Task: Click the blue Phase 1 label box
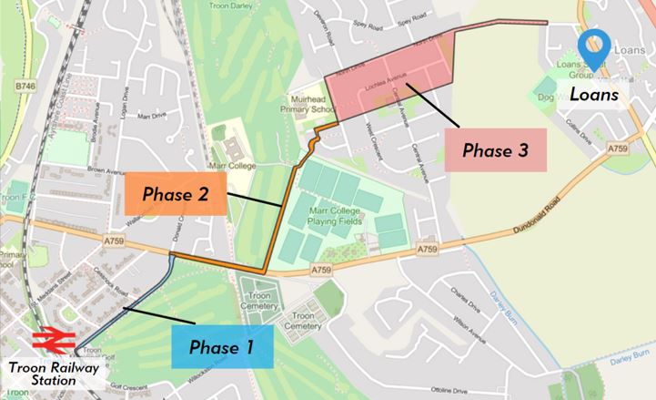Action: [x=222, y=346]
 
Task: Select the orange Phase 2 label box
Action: [x=177, y=193]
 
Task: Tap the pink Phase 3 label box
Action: [x=495, y=149]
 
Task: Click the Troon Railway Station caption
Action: [x=54, y=374]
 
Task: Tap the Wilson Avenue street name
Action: [x=471, y=339]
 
